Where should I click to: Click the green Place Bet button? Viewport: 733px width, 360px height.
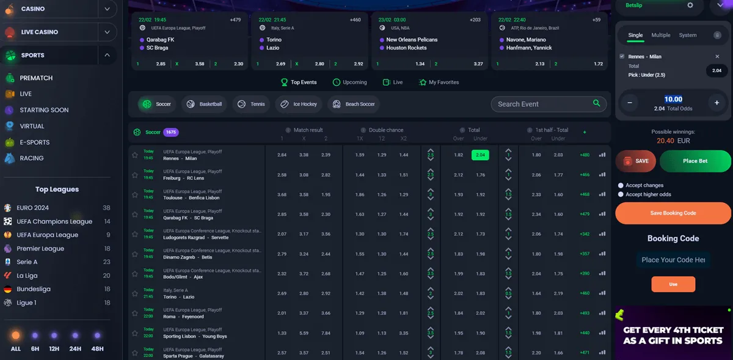[695, 161]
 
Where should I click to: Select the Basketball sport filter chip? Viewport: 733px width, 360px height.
[205, 104]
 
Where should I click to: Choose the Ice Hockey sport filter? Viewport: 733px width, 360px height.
[299, 104]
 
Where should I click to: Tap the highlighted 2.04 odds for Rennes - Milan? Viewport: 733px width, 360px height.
[480, 155]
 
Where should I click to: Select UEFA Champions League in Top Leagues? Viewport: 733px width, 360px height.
[54, 222]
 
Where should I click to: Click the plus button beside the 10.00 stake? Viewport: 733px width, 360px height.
[717, 103]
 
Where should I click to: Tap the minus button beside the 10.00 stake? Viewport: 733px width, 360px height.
[629, 103]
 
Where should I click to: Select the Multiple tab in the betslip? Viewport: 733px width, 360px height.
[660, 35]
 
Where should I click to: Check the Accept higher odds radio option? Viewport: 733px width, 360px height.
[621, 194]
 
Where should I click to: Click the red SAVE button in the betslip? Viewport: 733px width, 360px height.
[636, 161]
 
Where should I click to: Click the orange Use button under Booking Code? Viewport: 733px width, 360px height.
[673, 284]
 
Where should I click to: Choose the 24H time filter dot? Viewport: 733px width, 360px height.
[75, 336]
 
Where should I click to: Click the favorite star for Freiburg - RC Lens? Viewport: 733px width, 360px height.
[135, 175]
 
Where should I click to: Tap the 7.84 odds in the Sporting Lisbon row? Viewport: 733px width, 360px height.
[326, 333]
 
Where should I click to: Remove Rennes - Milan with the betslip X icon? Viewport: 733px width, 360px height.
[717, 56]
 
